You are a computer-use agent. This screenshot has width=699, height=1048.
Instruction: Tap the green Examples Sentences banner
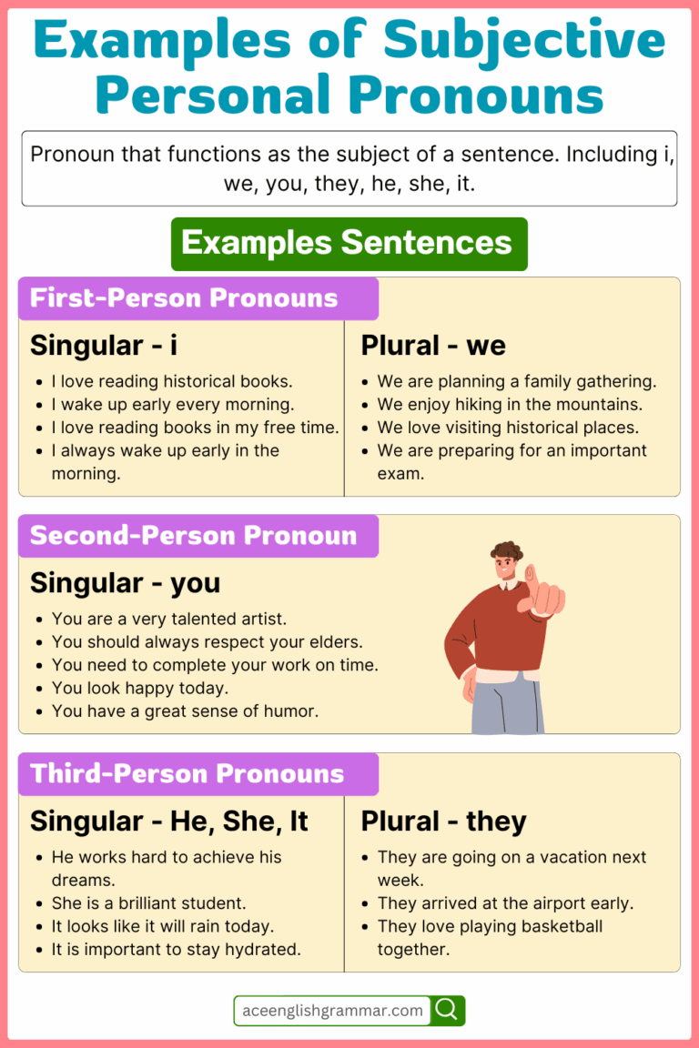[x=349, y=244]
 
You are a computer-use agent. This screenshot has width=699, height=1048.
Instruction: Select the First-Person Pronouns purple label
[x=198, y=298]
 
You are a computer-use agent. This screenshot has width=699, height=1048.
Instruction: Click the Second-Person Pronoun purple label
[x=198, y=536]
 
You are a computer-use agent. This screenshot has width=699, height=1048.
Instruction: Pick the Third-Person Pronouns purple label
[x=198, y=774]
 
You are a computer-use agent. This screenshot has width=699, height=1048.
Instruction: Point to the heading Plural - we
[x=433, y=346]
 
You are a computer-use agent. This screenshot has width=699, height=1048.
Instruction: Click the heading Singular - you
[x=125, y=583]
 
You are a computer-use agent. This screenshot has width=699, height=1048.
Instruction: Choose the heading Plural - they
[x=443, y=821]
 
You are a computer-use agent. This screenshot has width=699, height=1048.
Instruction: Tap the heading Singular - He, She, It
[x=169, y=821]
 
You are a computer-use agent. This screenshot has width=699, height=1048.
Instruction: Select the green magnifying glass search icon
[x=448, y=1010]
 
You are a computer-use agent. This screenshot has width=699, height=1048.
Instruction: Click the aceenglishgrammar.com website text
[x=332, y=1010]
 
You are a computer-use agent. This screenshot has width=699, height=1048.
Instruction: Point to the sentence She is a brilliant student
[x=148, y=903]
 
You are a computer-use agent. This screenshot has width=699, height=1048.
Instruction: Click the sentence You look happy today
[x=140, y=688]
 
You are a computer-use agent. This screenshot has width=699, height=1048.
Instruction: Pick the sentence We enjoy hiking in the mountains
[x=510, y=404]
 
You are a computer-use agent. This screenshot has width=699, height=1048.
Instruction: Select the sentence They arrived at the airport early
[x=505, y=903]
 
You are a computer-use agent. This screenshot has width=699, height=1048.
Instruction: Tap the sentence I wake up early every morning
[x=172, y=404]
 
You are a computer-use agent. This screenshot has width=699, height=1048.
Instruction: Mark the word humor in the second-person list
[x=294, y=710]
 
